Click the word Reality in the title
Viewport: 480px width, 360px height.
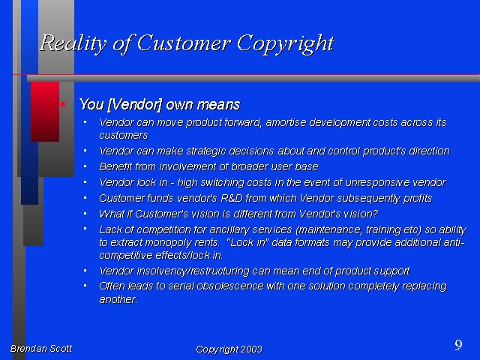[x=73, y=43]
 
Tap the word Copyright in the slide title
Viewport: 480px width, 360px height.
[x=285, y=44]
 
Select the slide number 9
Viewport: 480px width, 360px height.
[x=458, y=345]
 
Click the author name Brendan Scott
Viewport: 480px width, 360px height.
[x=41, y=349]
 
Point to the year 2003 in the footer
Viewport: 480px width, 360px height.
[x=251, y=349]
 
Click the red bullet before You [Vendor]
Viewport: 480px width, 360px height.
[x=63, y=104]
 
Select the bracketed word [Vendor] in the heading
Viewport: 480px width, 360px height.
[x=135, y=105]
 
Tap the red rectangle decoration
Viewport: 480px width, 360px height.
[x=45, y=112]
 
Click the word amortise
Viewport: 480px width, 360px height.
[x=286, y=122]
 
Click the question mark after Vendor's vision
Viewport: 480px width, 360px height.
[x=376, y=214]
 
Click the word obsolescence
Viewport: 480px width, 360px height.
[x=230, y=286]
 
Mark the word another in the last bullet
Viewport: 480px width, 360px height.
[x=118, y=299]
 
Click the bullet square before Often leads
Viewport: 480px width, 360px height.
[x=85, y=286]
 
